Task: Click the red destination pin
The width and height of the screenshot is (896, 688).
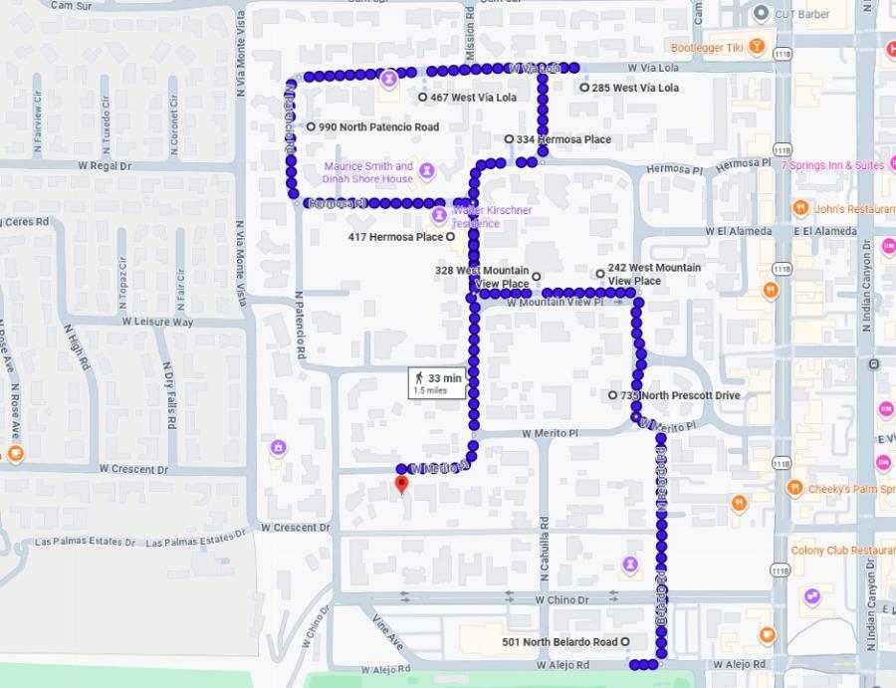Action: (401, 485)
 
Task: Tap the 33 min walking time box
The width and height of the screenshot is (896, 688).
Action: (437, 382)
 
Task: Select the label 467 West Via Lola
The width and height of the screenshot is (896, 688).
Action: (473, 98)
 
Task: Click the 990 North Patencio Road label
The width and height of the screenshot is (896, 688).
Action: (378, 127)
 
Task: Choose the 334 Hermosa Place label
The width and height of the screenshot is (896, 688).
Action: (563, 139)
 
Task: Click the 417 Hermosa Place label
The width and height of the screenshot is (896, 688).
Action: (395, 237)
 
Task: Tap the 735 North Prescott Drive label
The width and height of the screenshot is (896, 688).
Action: (681, 395)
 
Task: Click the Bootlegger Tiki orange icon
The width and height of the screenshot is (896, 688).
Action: (758, 46)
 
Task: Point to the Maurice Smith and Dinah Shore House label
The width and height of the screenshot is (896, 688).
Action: (367, 172)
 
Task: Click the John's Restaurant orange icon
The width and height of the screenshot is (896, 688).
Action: (799, 208)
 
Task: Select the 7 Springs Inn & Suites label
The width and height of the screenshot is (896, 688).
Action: (832, 165)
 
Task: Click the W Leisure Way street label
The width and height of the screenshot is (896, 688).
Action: (157, 322)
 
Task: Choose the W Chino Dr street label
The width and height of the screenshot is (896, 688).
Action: (561, 599)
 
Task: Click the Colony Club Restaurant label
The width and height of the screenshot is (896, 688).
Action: (842, 550)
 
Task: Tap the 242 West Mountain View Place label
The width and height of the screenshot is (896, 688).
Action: (654, 274)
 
